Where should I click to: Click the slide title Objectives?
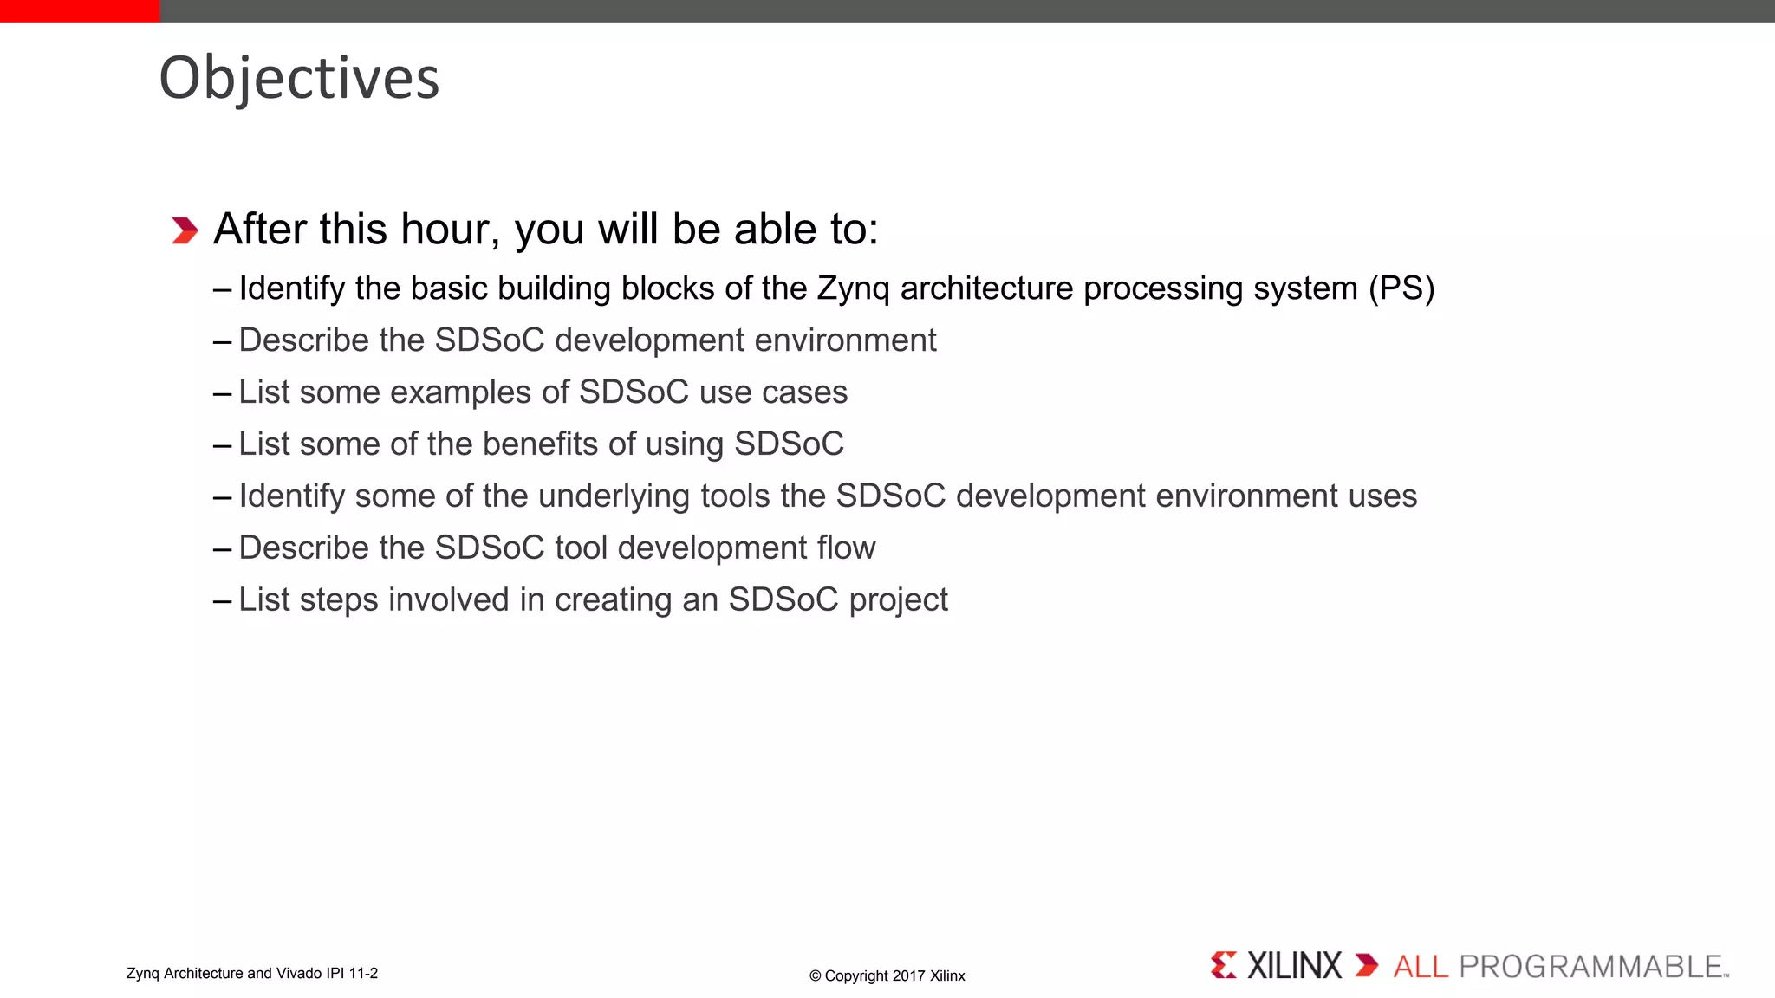(299, 78)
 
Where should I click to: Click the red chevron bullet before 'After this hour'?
(185, 230)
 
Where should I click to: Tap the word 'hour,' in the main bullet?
(450, 230)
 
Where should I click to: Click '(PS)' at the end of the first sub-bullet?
(1401, 288)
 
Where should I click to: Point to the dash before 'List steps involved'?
(222, 600)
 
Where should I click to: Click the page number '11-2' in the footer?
(363, 973)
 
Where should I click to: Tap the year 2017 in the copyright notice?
(909, 975)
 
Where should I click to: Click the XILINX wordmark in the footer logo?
(1294, 966)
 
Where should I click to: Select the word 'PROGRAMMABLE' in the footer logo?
(1590, 967)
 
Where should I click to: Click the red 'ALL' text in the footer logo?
(1421, 967)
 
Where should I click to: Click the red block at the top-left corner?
(80, 10)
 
